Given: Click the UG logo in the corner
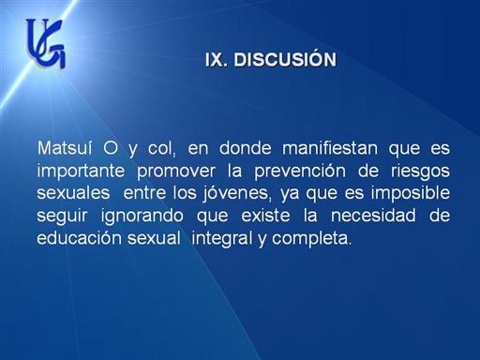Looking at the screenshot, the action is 46,43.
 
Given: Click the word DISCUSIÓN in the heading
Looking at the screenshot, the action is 285,59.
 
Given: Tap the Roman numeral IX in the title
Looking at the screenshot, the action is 216,59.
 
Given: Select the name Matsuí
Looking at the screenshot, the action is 65,148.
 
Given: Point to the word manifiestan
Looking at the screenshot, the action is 330,148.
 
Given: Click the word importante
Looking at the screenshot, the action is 81,171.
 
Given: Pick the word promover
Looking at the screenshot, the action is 176,171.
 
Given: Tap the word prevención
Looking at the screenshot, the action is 300,171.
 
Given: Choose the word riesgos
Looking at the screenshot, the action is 420,171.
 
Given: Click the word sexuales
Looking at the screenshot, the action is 73,193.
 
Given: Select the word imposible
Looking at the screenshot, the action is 411,194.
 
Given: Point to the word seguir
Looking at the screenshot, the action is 62,217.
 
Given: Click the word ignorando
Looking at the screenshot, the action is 142,217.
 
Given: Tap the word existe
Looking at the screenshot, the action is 265,216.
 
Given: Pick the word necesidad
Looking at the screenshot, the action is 373,216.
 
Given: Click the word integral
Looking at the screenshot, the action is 222,239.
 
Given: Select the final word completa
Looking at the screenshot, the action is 311,239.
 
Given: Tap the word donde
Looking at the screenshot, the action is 245,148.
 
